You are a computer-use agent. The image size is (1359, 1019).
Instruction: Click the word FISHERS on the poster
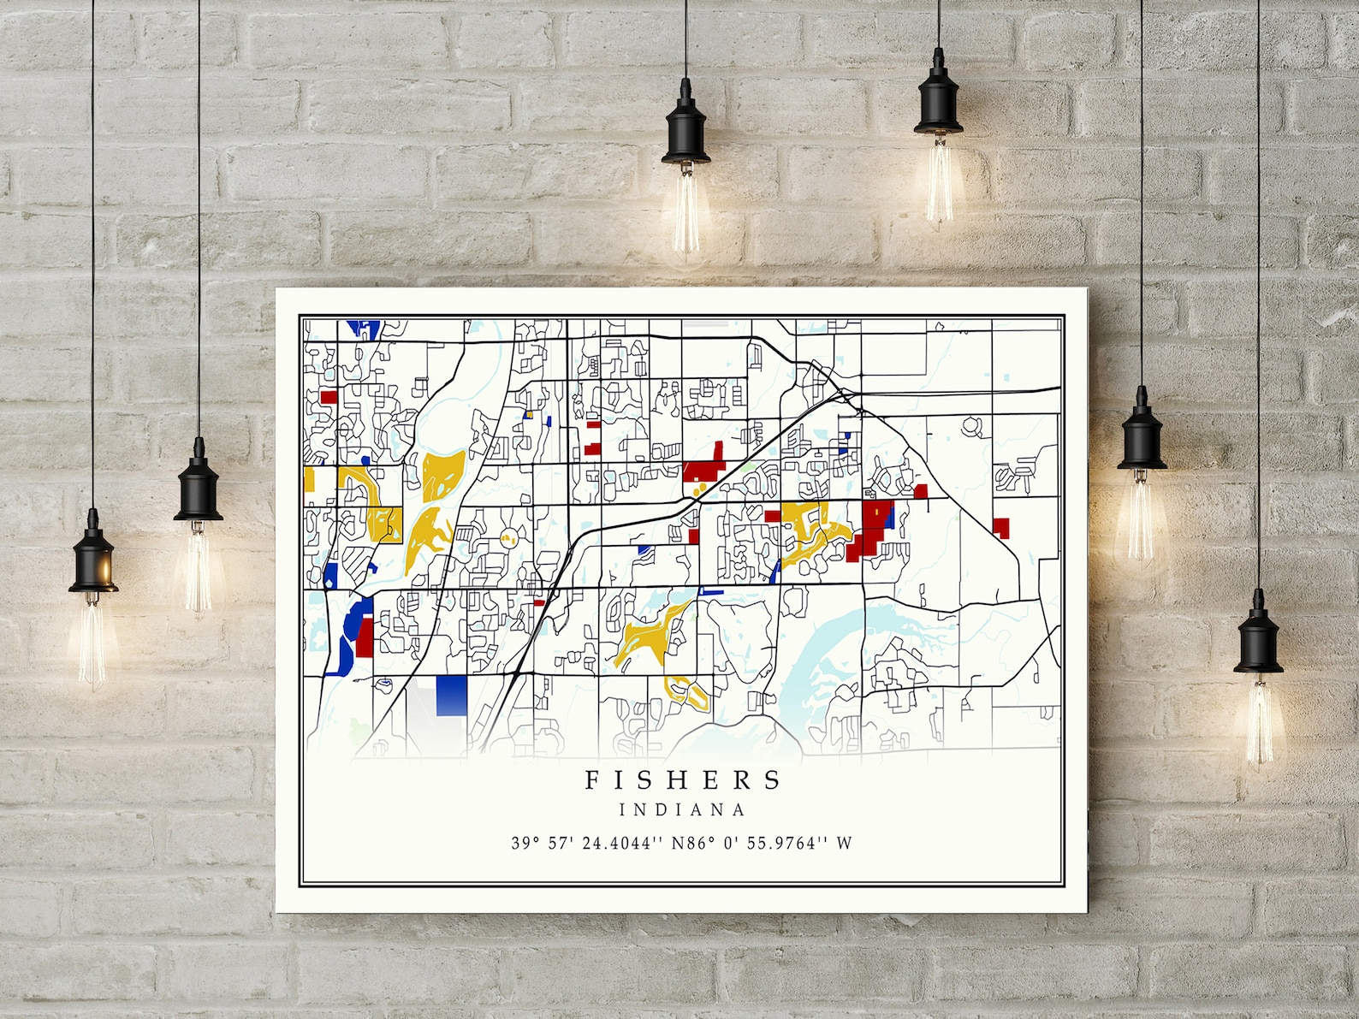(683, 779)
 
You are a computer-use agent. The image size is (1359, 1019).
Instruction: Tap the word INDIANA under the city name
(682, 809)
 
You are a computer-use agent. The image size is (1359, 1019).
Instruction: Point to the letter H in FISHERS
(664, 779)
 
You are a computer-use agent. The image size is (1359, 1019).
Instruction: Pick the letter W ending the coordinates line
(845, 843)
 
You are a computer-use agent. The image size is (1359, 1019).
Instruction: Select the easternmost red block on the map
(1000, 527)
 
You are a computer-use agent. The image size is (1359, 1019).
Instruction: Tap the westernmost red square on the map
(328, 397)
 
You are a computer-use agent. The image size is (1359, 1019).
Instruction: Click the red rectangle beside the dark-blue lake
(365, 637)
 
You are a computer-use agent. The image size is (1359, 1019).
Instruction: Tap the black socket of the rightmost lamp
(1258, 630)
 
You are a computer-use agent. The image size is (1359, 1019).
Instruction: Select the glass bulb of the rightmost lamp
(1258, 719)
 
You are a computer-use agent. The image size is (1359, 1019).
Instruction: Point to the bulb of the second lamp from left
(198, 569)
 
